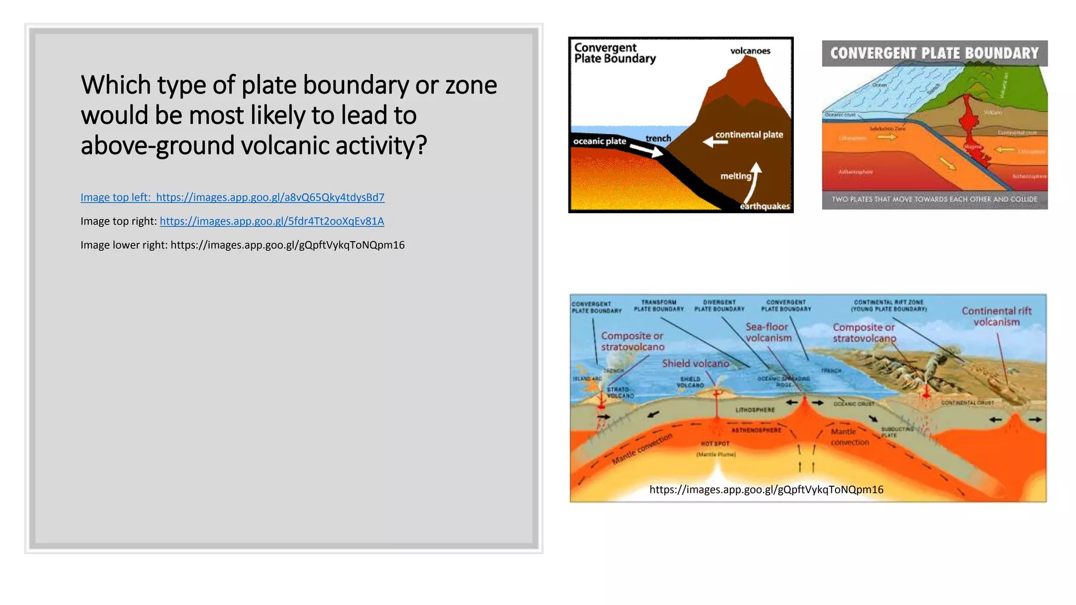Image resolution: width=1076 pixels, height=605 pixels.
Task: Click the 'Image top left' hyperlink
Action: (x=232, y=197)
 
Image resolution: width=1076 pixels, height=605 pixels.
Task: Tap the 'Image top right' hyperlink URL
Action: (x=272, y=221)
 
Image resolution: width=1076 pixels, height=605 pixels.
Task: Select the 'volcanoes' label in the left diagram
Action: (x=750, y=51)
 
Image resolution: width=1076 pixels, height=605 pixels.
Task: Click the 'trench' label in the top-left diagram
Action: (x=658, y=138)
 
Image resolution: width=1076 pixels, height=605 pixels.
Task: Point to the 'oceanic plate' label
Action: (x=599, y=141)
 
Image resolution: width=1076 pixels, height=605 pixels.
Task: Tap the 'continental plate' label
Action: (x=749, y=134)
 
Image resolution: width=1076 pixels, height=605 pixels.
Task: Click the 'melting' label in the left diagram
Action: (x=736, y=176)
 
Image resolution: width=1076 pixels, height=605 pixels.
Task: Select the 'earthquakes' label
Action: (x=764, y=206)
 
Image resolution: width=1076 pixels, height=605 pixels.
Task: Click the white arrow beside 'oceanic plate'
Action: (x=647, y=151)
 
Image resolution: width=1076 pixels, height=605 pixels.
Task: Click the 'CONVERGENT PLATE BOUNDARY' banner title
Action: (x=934, y=53)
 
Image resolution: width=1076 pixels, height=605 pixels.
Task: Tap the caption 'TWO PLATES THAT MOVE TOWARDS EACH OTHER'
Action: (x=934, y=200)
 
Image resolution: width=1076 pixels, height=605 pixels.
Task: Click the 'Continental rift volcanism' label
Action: (x=996, y=316)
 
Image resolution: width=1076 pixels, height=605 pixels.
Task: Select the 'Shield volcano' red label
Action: (x=695, y=363)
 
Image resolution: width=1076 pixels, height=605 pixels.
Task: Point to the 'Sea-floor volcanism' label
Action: (x=768, y=332)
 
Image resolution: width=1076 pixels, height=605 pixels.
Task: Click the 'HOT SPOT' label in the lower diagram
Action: (x=715, y=444)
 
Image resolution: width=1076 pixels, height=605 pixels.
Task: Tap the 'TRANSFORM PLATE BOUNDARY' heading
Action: (x=659, y=306)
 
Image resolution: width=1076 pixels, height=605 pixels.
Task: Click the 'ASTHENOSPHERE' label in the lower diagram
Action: (x=756, y=430)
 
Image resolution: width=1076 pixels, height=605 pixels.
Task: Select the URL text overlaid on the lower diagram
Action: (x=766, y=489)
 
